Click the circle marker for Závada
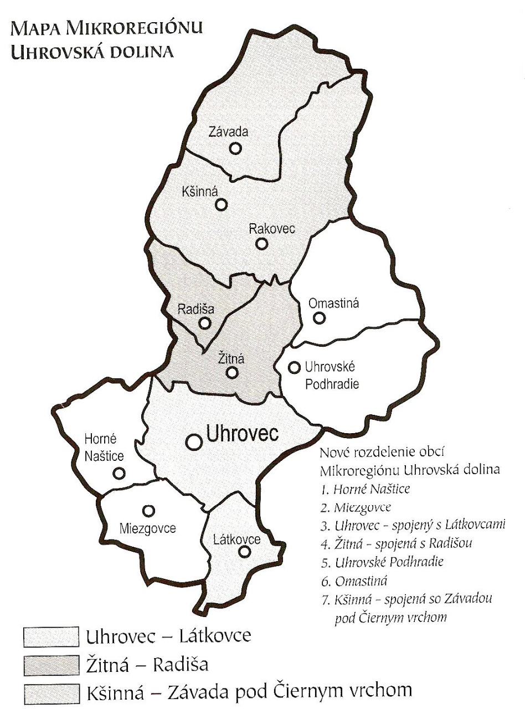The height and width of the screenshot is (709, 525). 235,148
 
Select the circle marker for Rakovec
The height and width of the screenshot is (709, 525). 261,244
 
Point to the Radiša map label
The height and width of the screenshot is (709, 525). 195,310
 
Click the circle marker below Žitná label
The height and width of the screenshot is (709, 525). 233,373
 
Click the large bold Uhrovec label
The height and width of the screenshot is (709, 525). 242,434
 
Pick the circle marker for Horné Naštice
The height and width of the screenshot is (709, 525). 119,473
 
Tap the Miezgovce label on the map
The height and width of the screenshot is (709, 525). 147,528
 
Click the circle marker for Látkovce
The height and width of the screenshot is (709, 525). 245,552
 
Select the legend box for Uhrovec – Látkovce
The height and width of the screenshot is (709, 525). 50,636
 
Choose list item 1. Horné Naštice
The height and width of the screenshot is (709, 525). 373,489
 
